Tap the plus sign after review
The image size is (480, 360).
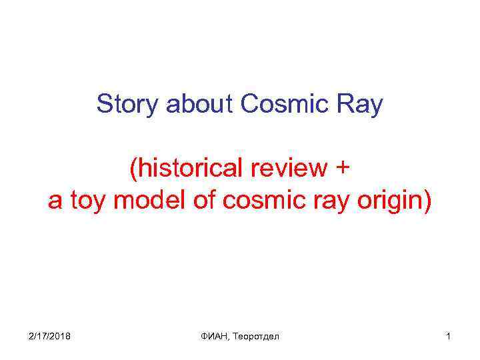[x=341, y=169]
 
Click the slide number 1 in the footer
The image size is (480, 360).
[x=449, y=337]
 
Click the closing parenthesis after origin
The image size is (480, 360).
[x=427, y=201]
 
